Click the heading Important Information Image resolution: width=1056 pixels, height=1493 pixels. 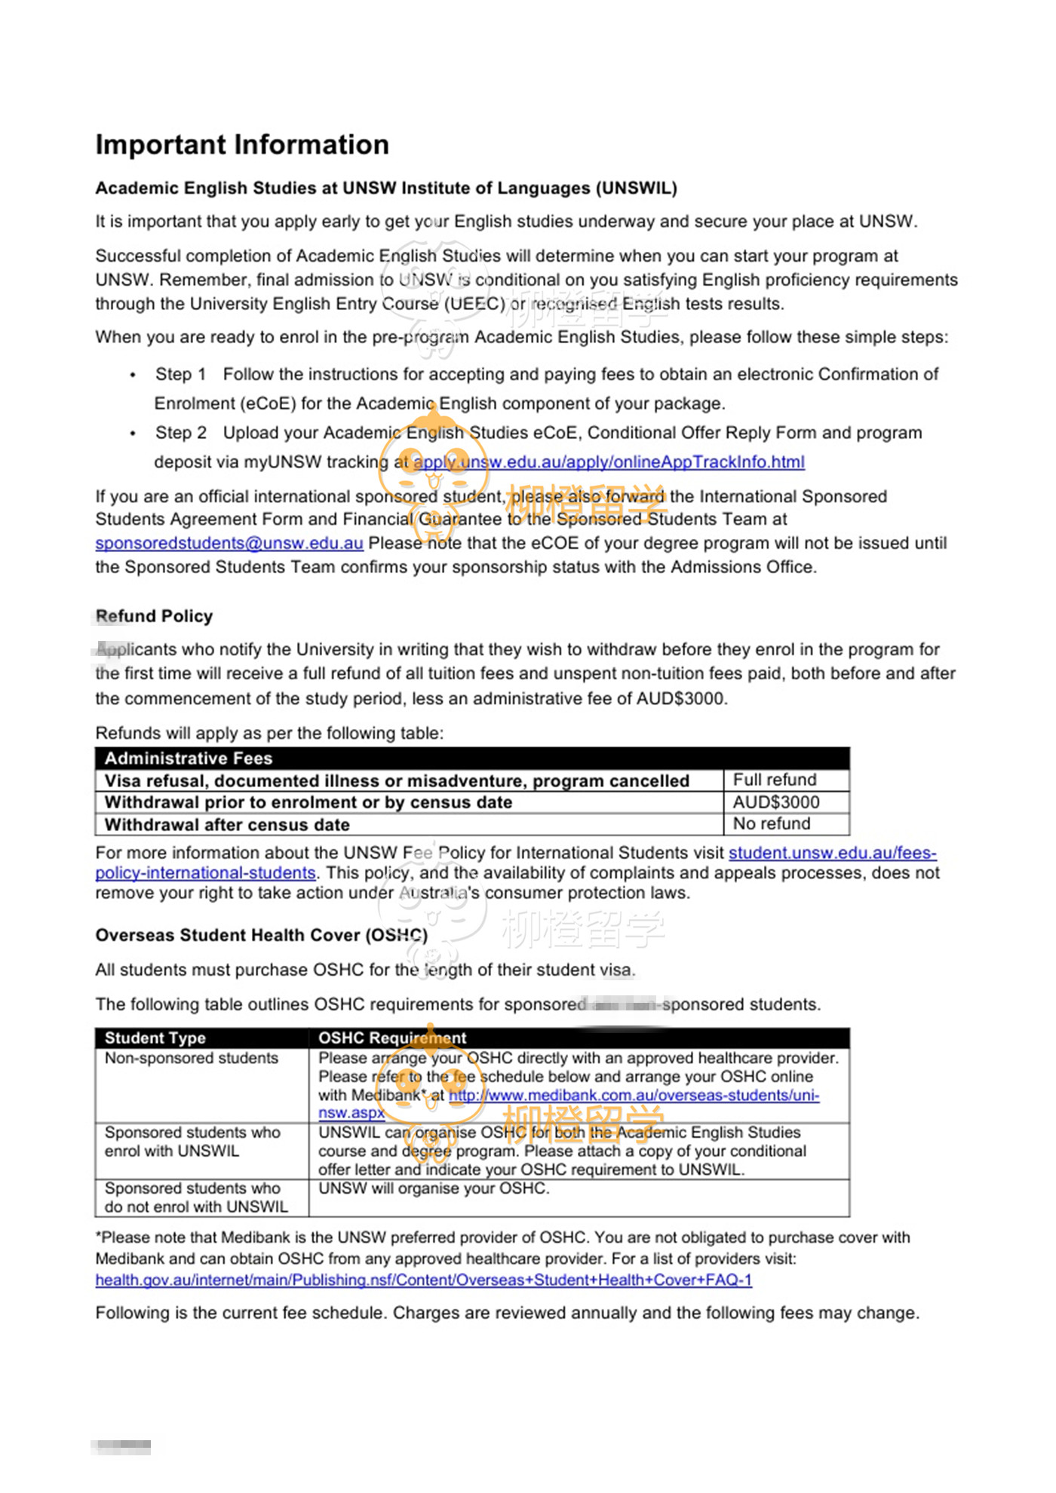[242, 145]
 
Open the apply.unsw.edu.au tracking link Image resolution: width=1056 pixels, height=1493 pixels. [609, 461]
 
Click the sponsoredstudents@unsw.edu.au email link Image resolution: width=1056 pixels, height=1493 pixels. [229, 543]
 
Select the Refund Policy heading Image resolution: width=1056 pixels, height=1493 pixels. [155, 616]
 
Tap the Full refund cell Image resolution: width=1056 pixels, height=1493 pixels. [775, 780]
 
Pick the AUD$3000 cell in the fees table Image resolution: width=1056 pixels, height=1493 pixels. [776, 802]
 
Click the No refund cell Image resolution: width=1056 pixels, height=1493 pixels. [772, 823]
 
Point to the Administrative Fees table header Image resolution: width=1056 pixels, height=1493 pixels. [189, 758]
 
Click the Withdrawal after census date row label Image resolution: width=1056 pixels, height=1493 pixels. [227, 824]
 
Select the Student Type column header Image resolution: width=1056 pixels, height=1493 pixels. [155, 1038]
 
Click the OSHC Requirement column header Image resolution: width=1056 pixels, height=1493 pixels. [392, 1038]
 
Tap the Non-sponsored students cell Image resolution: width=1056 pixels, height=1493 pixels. [192, 1058]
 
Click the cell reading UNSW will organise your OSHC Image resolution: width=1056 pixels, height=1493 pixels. [434, 1188]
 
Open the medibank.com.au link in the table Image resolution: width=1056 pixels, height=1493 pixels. [634, 1095]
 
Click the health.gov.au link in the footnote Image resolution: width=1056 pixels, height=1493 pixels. [423, 1280]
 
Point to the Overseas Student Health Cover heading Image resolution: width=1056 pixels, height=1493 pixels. [261, 935]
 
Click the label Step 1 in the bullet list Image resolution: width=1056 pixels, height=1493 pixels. [180, 374]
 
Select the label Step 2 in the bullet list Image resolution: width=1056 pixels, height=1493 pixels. [180, 433]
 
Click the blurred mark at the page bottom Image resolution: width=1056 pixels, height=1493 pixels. [121, 1446]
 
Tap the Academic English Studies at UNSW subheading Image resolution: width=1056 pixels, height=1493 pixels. [385, 188]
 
